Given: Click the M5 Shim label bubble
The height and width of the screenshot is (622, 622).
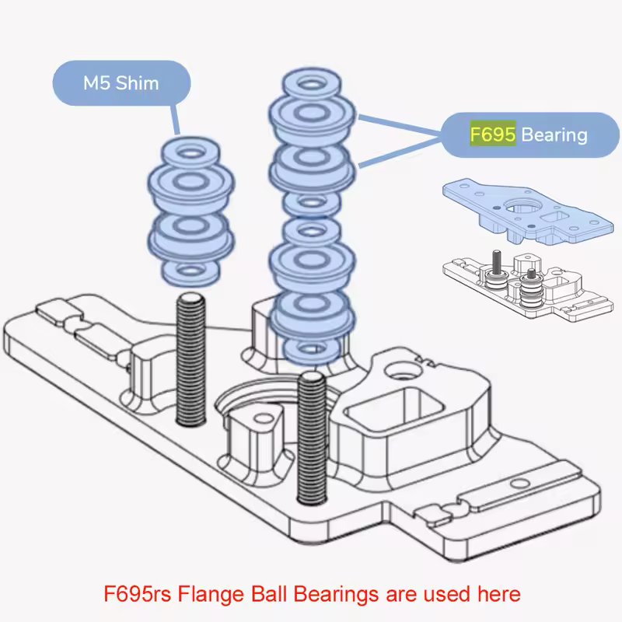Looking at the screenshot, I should (x=121, y=82).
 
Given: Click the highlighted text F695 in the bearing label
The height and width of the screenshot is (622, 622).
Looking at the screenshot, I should (x=492, y=135).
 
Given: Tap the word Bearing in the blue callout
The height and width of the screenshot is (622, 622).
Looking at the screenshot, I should (x=554, y=135).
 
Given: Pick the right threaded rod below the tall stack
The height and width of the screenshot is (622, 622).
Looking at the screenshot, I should (x=310, y=439).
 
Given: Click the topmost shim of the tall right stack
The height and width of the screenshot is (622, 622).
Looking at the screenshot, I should (x=310, y=81).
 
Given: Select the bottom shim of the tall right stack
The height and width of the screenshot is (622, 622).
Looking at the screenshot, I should (x=311, y=348).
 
